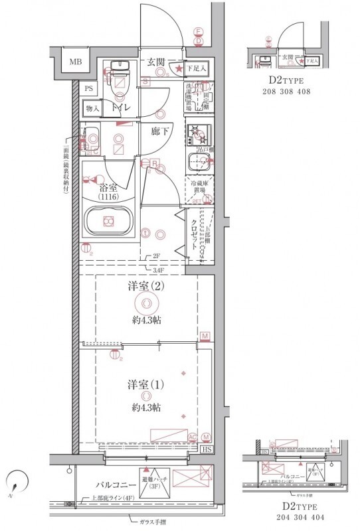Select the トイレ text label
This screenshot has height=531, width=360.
coord(120,108)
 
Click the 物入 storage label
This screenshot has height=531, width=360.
coord(92,108)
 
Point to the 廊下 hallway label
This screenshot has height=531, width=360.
coord(159,131)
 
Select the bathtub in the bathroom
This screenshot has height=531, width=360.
coord(108,220)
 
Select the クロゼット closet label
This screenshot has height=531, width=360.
coord(195,234)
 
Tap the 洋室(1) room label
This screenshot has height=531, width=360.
coord(145,384)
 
